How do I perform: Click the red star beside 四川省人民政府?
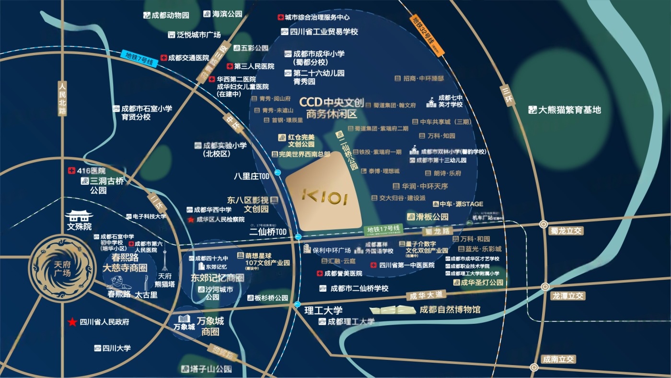(72, 322)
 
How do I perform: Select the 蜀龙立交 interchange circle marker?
(543, 224)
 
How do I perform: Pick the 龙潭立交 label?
(567, 296)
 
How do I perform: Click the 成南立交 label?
(558, 359)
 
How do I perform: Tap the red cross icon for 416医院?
(72, 170)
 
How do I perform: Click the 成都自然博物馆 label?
(450, 309)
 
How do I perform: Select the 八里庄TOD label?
(252, 177)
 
